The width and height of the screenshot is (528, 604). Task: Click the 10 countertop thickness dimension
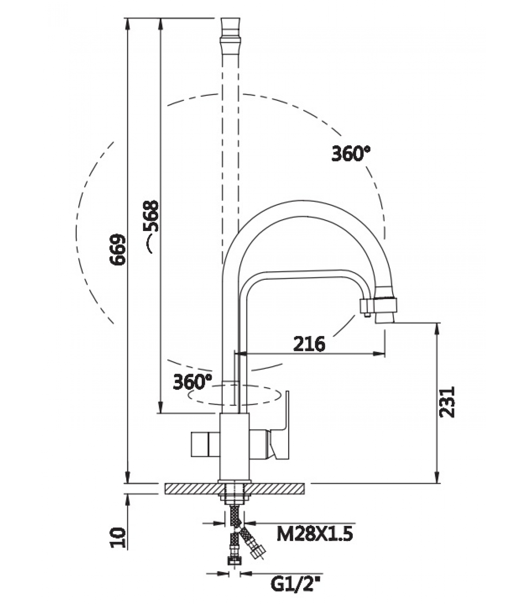(x=117, y=538)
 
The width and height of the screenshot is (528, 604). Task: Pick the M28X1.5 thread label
(x=315, y=534)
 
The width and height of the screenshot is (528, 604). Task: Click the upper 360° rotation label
(x=351, y=154)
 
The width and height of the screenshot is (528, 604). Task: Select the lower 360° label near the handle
(x=193, y=382)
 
